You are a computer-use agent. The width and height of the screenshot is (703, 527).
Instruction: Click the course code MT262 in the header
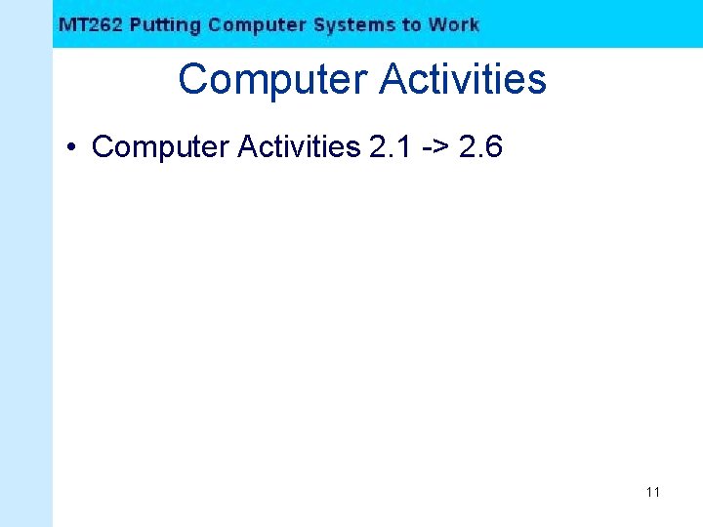pyautogui.click(x=91, y=25)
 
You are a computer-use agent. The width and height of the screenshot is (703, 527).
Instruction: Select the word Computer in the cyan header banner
pyautogui.click(x=257, y=25)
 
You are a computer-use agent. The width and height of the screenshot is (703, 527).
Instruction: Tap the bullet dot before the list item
pyautogui.click(x=72, y=148)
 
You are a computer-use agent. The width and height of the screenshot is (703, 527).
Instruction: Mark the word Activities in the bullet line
pyautogui.click(x=298, y=147)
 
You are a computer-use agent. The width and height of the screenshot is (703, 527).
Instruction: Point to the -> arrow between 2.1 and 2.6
pyautogui.click(x=436, y=147)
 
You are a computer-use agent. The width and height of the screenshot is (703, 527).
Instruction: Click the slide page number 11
pyautogui.click(x=652, y=492)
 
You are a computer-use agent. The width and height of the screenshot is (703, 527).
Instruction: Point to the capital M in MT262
pyautogui.click(x=67, y=25)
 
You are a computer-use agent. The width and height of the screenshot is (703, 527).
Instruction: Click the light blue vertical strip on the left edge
pyautogui.click(x=25, y=293)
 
